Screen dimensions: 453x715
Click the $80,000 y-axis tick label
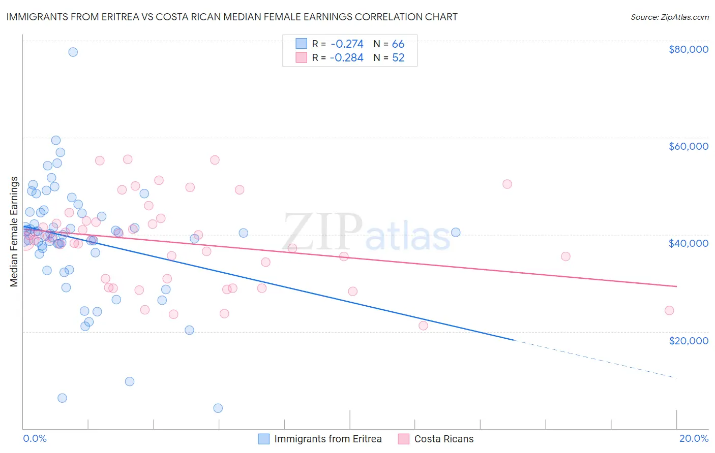click(x=688, y=49)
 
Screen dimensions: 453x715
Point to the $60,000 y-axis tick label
click(x=688, y=146)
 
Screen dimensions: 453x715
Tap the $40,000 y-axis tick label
click(x=688, y=243)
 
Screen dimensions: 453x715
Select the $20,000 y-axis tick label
click(x=688, y=340)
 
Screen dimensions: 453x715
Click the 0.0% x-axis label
click(x=35, y=438)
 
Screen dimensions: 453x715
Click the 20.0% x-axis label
click(x=694, y=438)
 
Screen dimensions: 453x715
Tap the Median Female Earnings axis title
click(x=14, y=232)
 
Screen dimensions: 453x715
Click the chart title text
click(x=232, y=17)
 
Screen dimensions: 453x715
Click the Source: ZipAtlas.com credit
click(x=669, y=17)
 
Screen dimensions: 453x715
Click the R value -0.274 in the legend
click(x=347, y=44)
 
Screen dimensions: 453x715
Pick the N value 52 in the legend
click(x=398, y=58)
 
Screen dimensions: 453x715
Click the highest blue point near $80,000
click(x=73, y=52)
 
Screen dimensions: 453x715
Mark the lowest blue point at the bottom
click(x=218, y=408)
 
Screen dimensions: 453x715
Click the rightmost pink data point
click(x=669, y=310)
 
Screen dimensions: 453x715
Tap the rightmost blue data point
click(x=456, y=232)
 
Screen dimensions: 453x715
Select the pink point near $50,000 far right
click(x=507, y=184)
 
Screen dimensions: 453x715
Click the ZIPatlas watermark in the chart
click(x=366, y=232)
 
